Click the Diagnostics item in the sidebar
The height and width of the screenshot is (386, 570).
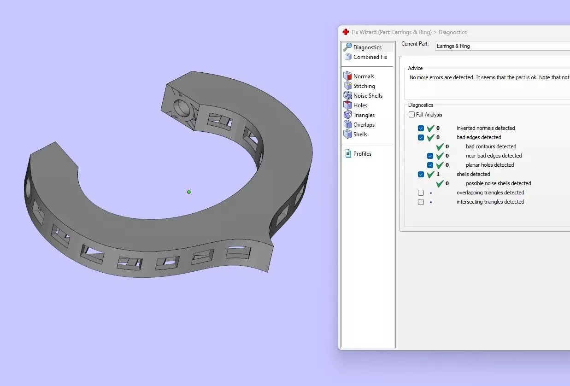click(x=367, y=47)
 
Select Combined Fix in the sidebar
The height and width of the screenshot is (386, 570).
click(x=370, y=57)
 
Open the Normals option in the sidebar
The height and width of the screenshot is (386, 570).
click(x=364, y=76)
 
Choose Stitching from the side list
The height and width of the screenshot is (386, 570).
click(x=364, y=86)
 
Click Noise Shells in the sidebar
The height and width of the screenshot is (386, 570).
click(x=368, y=96)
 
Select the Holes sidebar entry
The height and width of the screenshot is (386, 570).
click(x=360, y=105)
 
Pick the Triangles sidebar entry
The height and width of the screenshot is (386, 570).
click(x=364, y=115)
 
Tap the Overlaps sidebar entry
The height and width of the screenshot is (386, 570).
click(x=364, y=125)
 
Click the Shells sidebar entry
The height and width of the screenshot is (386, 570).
click(x=360, y=135)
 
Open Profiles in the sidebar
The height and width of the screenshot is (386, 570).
click(x=362, y=154)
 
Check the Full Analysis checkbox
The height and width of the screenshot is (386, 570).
click(x=411, y=115)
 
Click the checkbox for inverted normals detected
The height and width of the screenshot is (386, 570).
click(x=421, y=129)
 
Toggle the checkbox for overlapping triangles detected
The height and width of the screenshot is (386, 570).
click(x=421, y=193)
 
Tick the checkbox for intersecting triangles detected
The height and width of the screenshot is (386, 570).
click(x=421, y=202)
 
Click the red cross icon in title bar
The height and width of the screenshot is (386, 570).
click(x=346, y=32)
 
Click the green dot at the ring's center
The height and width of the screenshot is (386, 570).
click(x=189, y=192)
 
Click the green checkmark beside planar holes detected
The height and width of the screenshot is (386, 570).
click(x=440, y=165)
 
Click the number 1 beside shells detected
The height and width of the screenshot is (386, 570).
click(x=438, y=175)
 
